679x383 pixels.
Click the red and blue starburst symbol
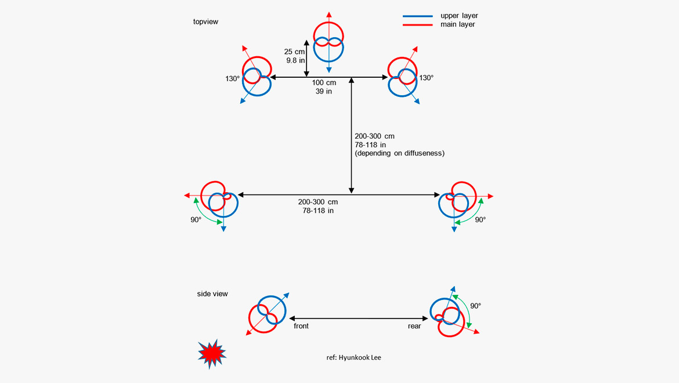pos(211,353)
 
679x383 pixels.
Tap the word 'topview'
pos(205,22)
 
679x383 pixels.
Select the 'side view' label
pos(212,294)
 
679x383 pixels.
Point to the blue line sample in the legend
pos(417,16)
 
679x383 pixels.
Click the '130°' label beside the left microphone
pos(233,78)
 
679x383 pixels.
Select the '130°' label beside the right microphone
pos(426,78)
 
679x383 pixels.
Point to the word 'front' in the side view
pos(301,326)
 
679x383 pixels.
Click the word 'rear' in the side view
pos(414,326)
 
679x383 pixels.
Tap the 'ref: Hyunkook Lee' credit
pos(354,357)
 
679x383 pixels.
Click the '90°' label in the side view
pos(476,306)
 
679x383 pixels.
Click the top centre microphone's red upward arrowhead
pos(329,14)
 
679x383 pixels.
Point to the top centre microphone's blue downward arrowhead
pos(329,70)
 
